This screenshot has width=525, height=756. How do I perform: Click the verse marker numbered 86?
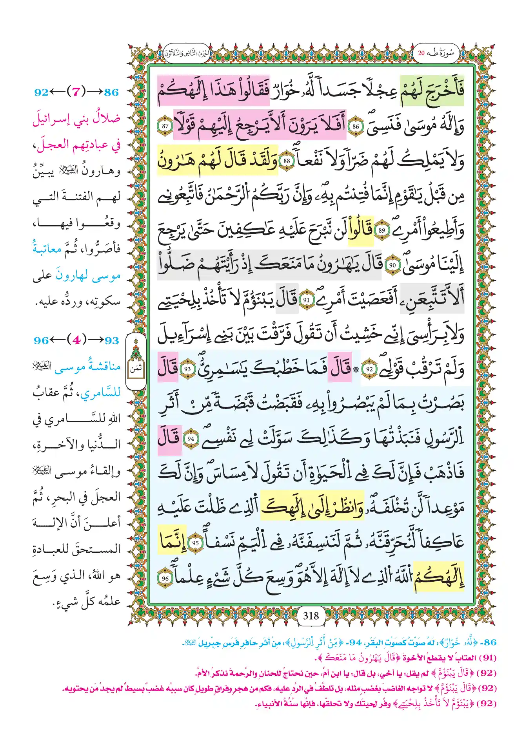(356, 127)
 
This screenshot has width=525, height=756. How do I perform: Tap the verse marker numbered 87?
(165, 126)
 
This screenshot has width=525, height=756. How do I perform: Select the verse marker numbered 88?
(287, 161)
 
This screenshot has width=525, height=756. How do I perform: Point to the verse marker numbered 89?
(381, 230)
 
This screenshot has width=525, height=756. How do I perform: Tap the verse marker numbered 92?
(369, 369)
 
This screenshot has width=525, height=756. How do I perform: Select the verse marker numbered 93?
(187, 369)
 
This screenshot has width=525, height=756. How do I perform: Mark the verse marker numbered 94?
(191, 439)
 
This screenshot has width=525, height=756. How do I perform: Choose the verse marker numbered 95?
(195, 543)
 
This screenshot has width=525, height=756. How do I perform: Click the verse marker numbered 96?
(165, 578)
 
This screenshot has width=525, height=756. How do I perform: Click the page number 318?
(311, 616)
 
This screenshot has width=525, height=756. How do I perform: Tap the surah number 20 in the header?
(421, 53)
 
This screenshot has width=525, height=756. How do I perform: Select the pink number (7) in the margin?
(76, 92)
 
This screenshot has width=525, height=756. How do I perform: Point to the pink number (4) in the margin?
(76, 340)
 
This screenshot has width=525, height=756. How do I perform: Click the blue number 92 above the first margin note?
(42, 92)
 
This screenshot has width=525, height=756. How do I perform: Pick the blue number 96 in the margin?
(41, 340)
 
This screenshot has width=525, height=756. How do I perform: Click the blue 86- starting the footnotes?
(490, 642)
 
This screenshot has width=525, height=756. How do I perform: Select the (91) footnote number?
(487, 658)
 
